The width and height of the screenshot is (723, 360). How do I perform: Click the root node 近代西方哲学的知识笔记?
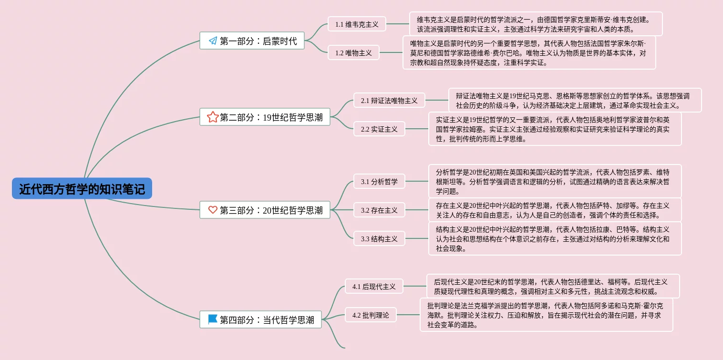82,189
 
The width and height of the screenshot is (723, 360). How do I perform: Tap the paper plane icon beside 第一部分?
213,41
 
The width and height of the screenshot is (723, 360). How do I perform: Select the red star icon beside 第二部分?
213,117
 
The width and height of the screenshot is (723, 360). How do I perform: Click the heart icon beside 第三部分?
213,210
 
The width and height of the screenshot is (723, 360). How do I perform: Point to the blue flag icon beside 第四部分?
213,319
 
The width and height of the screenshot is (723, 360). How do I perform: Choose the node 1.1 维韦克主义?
357,24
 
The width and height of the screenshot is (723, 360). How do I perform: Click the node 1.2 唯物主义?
353,52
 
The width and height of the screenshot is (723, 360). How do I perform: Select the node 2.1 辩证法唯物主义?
389,100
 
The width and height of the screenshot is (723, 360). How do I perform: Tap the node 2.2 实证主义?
379,129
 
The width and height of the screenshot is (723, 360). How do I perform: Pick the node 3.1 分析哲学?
379,181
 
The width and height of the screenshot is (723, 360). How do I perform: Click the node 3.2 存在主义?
379,210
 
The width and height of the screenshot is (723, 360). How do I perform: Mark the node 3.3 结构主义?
379,238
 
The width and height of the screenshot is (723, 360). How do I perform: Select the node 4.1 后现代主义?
374,286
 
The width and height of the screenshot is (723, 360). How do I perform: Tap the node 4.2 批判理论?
371,315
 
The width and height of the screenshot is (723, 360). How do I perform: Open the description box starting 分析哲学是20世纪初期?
555,181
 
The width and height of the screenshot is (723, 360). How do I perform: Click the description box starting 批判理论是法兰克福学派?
546,315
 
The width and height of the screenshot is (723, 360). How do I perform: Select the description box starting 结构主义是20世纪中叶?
555,238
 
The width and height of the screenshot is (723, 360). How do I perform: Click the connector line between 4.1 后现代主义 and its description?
414,286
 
